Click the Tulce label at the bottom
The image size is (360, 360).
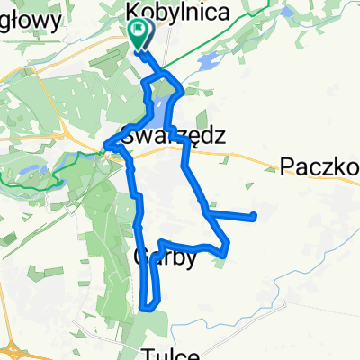(x=175, y=352)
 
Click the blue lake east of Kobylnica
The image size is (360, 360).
(x=207, y=62)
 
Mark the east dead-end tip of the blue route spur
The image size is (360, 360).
(x=256, y=216)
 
